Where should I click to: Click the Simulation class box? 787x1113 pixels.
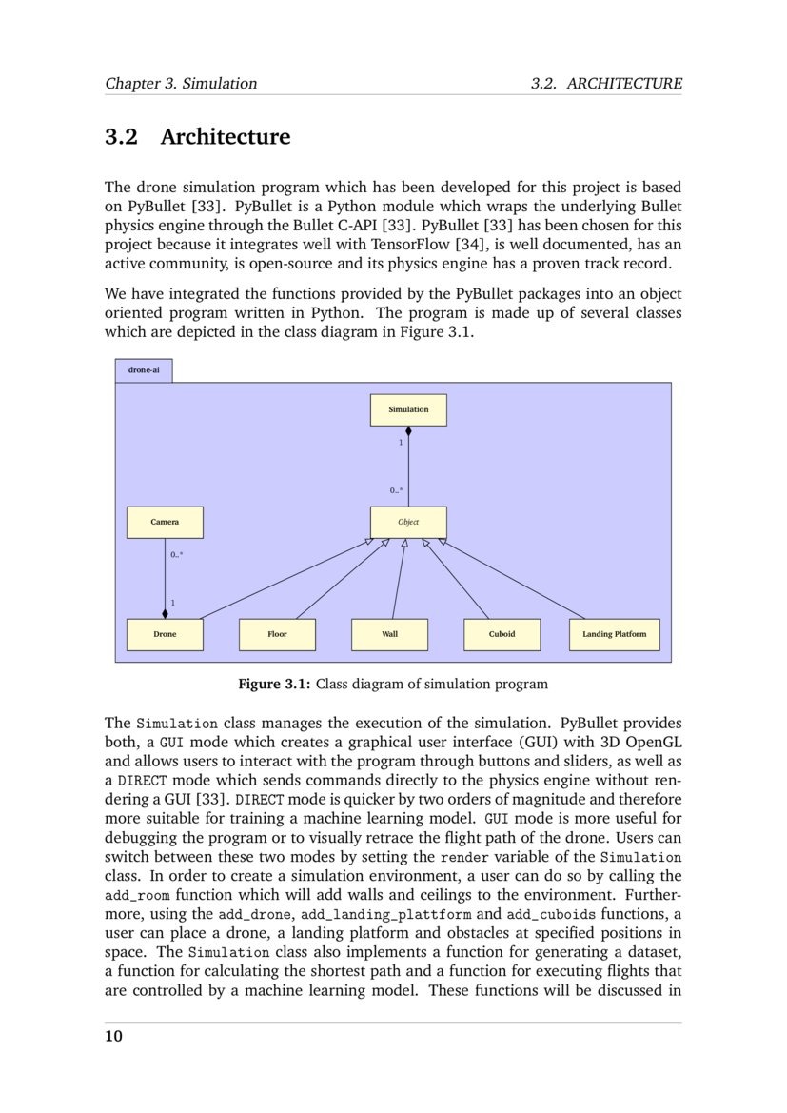pos(407,409)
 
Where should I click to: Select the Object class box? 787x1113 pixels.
pos(407,522)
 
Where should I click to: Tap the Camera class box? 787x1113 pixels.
pos(165,522)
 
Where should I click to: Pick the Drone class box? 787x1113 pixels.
pos(165,634)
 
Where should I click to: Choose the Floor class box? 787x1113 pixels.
pos(277,634)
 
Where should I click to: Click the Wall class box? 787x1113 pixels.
pos(389,634)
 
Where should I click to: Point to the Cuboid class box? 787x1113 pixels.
pos(502,634)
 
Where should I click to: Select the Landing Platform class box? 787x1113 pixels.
pos(614,634)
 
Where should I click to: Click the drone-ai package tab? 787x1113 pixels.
pos(144,369)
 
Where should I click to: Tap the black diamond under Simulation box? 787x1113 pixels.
pos(408,431)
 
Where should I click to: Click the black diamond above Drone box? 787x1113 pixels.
pos(165,613)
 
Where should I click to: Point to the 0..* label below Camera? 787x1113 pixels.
pos(177,554)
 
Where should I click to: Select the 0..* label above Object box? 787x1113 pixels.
pos(396,490)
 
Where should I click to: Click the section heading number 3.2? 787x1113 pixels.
pos(121,137)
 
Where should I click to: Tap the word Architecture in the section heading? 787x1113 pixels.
pos(225,137)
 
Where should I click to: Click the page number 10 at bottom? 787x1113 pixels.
pos(113,1037)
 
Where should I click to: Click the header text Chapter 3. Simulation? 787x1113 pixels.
pos(181,84)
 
